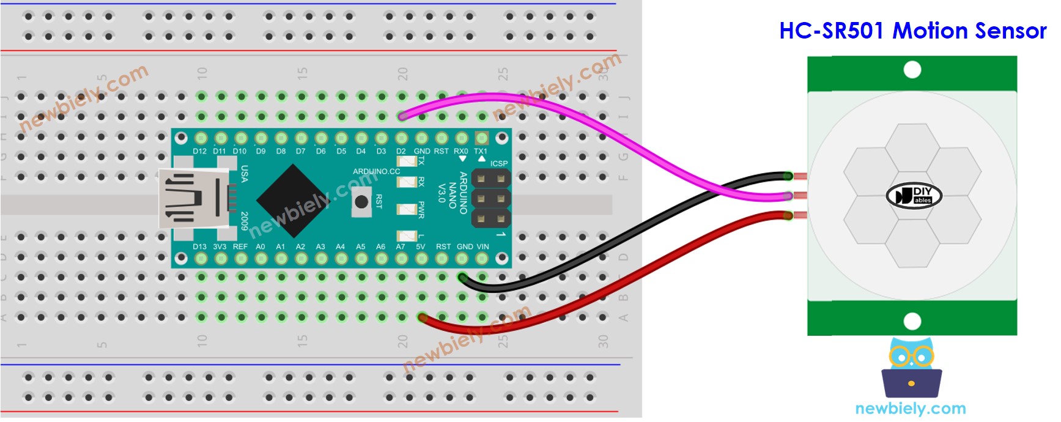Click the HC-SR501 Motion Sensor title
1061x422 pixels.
click(912, 31)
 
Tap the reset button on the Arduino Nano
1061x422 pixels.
click(361, 202)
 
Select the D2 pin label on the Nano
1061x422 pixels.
click(401, 151)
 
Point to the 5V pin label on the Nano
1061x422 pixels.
click(420, 247)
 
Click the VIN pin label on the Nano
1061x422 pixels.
click(482, 247)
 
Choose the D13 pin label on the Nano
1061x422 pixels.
click(199, 247)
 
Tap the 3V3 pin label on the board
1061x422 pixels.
click(220, 247)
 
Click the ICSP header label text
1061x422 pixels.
click(498, 163)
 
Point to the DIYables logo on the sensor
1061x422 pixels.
click(914, 196)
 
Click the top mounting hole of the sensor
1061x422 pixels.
click(912, 70)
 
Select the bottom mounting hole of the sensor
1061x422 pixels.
click(912, 320)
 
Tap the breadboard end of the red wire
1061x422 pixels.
click(422, 317)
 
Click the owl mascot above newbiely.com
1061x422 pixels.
click(911, 367)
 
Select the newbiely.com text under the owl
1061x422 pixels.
click(910, 409)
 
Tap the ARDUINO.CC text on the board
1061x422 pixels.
click(376, 171)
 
